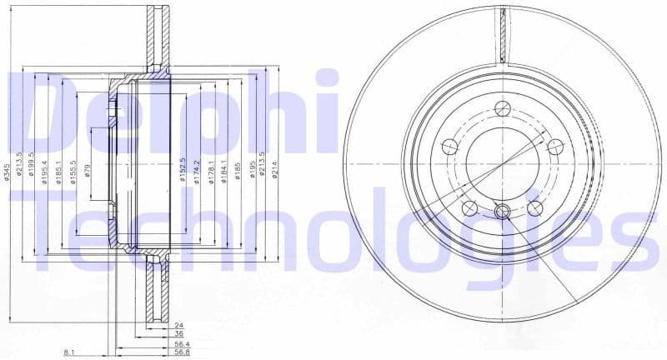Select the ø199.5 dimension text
[x=31, y=166]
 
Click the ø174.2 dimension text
[x=198, y=170]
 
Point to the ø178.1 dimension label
[x=212, y=170]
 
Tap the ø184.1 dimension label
[x=225, y=170]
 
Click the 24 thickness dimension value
[x=178, y=325]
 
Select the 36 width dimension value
[x=178, y=334]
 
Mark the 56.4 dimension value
[x=181, y=344]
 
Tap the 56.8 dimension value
[x=181, y=353]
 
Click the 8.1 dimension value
[x=69, y=353]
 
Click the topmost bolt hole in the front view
[x=501, y=108]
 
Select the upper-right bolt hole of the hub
[x=554, y=147]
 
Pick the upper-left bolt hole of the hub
[x=449, y=147]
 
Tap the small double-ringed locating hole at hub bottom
[x=502, y=212]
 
